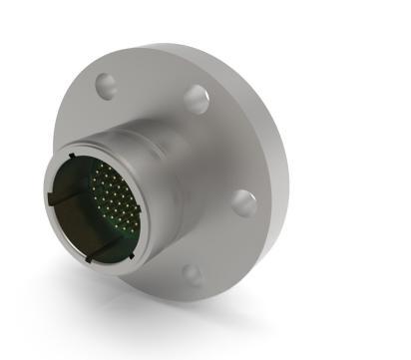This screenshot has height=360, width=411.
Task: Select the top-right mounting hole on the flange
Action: click(196, 99)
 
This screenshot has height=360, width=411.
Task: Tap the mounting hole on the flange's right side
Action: click(242, 203)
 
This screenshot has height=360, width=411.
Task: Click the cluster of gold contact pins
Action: click(114, 196)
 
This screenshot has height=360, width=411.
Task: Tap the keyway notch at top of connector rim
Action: click(70, 157)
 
